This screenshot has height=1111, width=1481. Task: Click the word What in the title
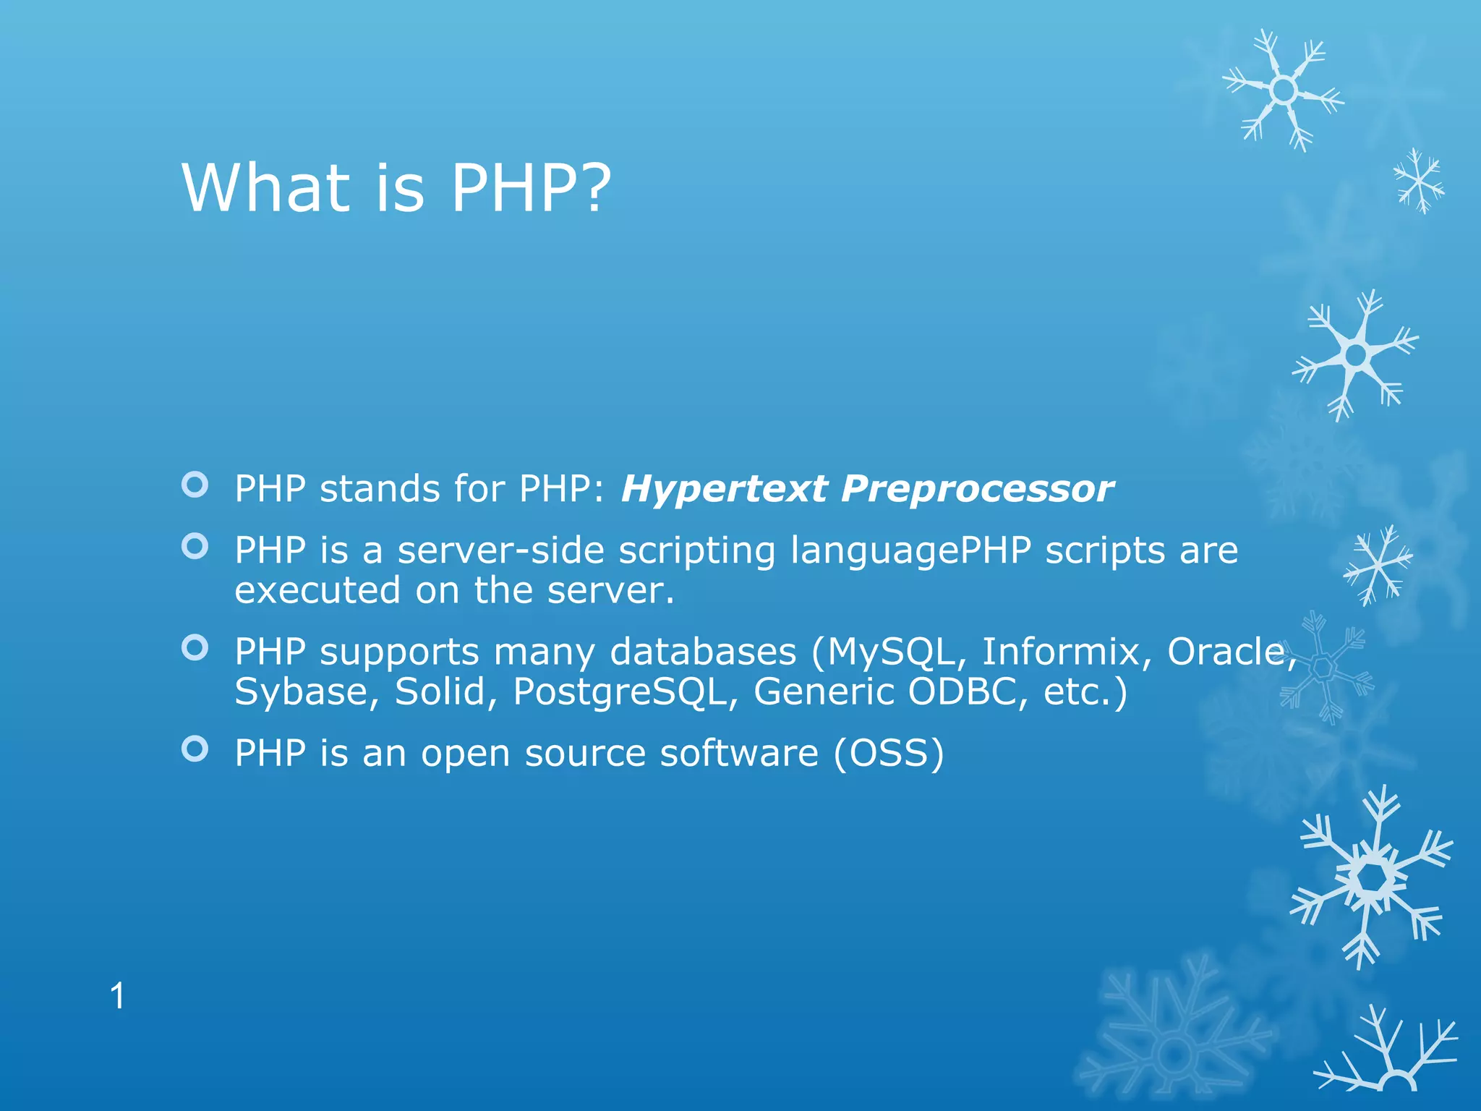pos(265,188)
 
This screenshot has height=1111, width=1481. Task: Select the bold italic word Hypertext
pos(724,489)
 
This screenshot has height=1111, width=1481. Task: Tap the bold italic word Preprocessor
pos(977,489)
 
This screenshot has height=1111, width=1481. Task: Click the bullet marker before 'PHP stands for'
pos(195,485)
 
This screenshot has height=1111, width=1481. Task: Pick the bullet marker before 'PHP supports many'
pos(195,647)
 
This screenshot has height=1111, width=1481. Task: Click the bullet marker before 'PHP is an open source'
pos(195,749)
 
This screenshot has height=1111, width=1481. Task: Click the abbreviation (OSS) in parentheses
pos(889,754)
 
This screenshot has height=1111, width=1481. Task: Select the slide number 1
pos(117,997)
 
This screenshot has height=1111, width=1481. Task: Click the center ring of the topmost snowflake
pos(1284,90)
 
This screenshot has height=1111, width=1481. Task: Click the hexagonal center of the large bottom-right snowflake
pos(1370,877)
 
